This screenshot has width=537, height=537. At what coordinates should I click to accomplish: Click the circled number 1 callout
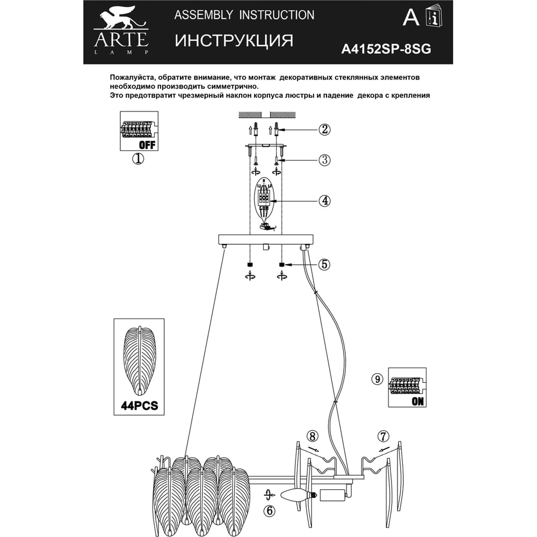(x=138, y=158)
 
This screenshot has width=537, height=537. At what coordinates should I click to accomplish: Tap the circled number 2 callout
(x=324, y=129)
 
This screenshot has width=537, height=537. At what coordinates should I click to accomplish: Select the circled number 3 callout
(x=324, y=160)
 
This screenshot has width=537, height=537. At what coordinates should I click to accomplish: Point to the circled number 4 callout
(x=324, y=200)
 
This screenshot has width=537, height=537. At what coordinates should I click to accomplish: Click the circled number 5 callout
(x=324, y=264)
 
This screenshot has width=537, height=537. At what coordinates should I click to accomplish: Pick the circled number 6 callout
(x=270, y=511)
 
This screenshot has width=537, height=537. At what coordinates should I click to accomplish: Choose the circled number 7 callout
(x=383, y=437)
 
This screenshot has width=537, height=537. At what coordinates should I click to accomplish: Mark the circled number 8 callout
(x=313, y=437)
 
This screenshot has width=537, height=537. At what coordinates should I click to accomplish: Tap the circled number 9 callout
(x=377, y=380)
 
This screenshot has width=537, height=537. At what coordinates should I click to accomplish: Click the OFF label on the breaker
(x=147, y=145)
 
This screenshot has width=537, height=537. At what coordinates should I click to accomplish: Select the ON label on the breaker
(x=417, y=401)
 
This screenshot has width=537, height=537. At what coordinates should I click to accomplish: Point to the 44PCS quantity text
(x=140, y=406)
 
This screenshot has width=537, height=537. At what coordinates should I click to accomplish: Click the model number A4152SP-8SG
(x=386, y=49)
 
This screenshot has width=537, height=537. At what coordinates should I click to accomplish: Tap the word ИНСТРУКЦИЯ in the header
(x=234, y=40)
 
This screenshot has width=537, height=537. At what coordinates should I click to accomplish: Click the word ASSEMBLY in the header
(x=204, y=15)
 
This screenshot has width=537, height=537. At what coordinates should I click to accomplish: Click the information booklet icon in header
(x=433, y=16)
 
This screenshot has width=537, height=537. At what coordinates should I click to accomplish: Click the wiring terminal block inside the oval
(x=265, y=198)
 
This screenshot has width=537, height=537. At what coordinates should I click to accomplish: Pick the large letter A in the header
(x=411, y=17)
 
